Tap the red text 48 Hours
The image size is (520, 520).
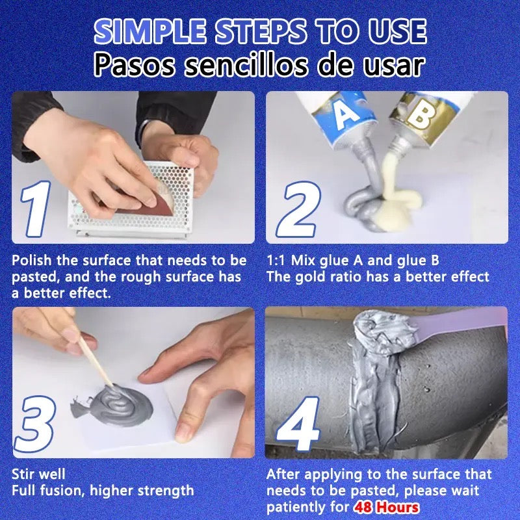(386, 507)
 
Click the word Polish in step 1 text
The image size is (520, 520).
(32, 261)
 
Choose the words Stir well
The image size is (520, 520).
(39, 474)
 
